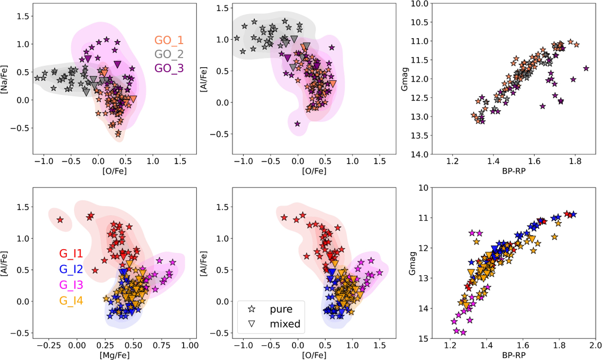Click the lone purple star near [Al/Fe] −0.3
click(297, 123)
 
